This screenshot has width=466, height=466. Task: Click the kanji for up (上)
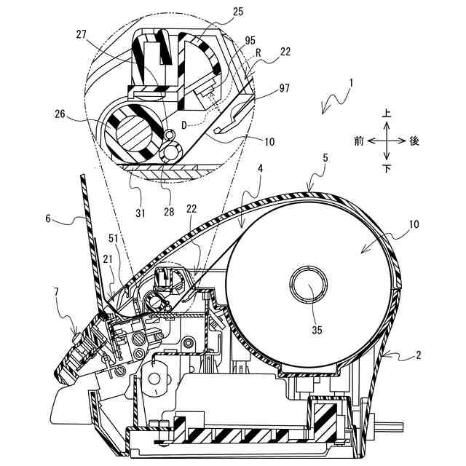[387, 114]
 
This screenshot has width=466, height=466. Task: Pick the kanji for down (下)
[387, 168]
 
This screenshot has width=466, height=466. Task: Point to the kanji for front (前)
[359, 141]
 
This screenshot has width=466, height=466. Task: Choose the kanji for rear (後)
[414, 141]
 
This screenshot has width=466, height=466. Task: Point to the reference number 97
[283, 88]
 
